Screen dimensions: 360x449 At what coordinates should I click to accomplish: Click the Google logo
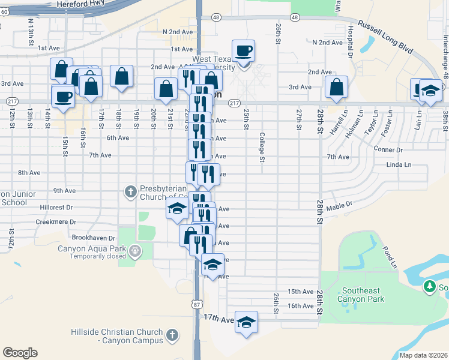(20, 353)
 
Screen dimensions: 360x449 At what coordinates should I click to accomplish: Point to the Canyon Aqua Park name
(91, 248)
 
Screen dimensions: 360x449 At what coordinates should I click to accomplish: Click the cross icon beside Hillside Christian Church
(172, 334)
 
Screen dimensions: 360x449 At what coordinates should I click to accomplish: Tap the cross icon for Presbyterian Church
(130, 192)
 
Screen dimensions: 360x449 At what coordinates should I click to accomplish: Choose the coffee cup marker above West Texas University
(243, 51)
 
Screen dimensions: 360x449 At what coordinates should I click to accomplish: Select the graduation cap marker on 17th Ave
(246, 323)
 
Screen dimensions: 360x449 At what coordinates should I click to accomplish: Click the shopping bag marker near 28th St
(336, 87)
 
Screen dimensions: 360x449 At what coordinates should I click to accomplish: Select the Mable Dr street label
(339, 205)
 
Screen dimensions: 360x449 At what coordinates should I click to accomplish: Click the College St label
(262, 148)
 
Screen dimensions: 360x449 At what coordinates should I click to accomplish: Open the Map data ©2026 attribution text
(423, 355)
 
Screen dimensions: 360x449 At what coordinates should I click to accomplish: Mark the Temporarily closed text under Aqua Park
(97, 256)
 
